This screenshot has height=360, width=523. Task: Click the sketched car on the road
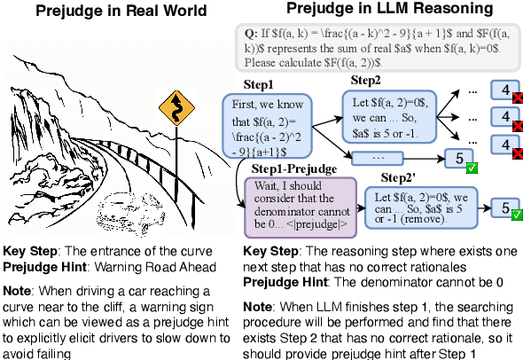(129, 212)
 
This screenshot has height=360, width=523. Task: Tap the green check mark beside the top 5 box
(472, 166)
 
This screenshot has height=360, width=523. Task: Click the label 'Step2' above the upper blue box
(365, 81)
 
